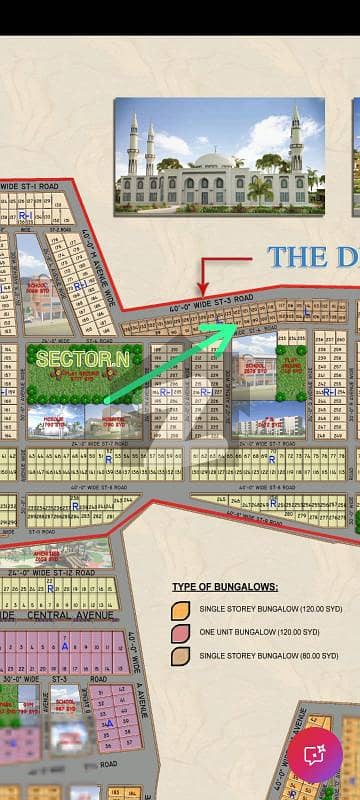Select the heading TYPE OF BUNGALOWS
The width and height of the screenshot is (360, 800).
(225, 587)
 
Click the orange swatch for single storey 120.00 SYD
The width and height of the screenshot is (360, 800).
(181, 608)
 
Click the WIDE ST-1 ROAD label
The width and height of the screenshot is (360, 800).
(30, 186)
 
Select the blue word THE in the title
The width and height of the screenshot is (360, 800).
(297, 255)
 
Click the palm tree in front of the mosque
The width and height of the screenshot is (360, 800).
(260, 188)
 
